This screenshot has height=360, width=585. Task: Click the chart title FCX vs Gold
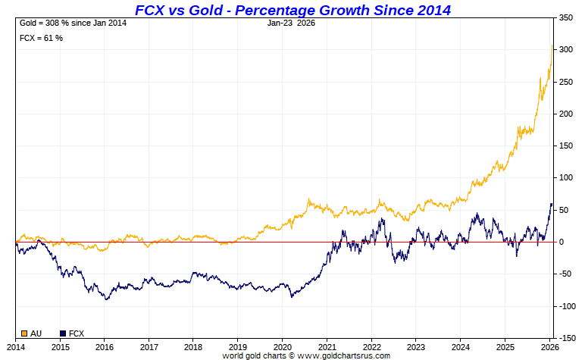[292, 10]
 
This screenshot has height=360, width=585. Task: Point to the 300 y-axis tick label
[567, 49]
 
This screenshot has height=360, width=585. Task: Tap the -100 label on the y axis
[567, 306]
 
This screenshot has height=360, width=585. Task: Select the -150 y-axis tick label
[567, 338]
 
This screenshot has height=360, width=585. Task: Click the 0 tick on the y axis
[562, 242]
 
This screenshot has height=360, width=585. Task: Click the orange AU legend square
[24, 333]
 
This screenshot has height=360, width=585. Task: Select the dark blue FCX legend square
[63, 333]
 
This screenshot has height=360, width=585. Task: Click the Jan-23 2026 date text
[292, 23]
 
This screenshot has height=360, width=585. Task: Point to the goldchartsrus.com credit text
[306, 355]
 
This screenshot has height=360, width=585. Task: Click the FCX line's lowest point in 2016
[107, 299]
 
